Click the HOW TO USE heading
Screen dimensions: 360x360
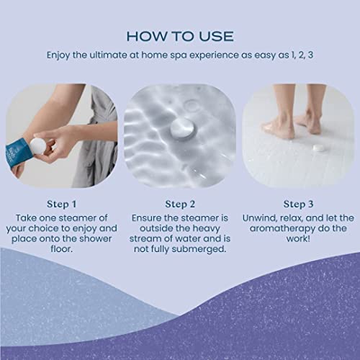(x=179, y=36)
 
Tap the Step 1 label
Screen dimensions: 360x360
(x=61, y=203)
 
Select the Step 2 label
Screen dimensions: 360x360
(x=179, y=203)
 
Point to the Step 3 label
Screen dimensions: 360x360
(x=297, y=203)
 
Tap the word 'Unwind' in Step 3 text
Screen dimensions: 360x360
(x=260, y=217)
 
